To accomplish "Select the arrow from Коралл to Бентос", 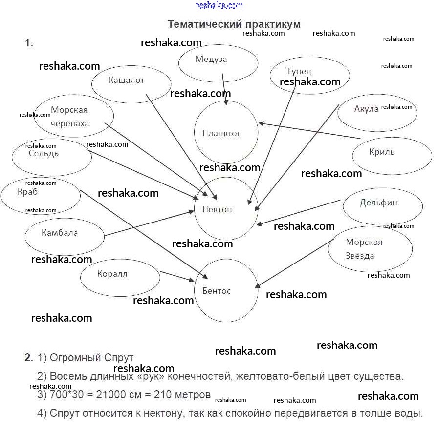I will [177, 276].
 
